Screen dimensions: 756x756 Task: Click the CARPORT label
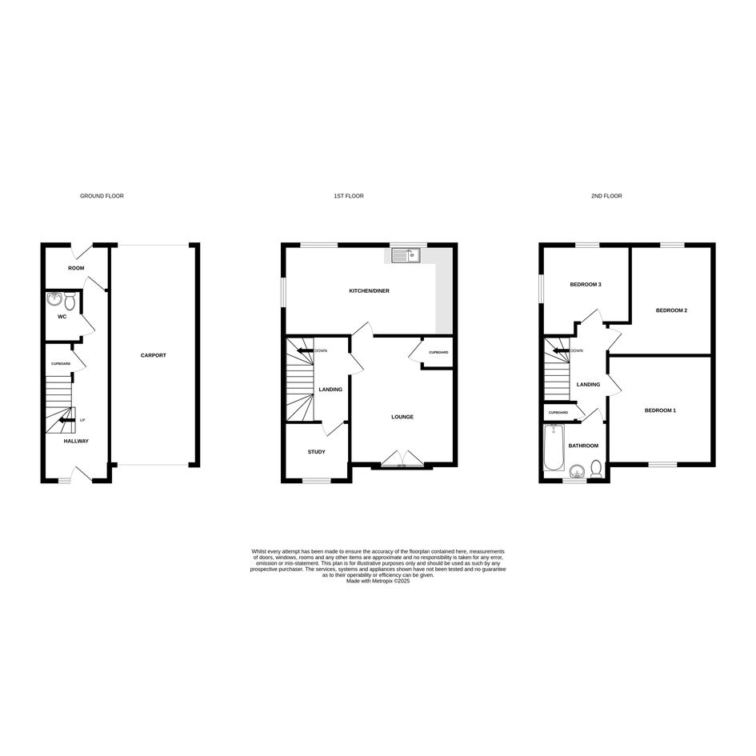(x=154, y=355)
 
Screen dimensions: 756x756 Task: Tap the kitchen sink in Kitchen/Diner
(x=406, y=255)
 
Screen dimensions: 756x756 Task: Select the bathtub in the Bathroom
(x=554, y=448)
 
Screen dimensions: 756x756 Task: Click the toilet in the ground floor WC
(x=70, y=301)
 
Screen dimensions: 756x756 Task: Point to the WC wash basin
(x=55, y=299)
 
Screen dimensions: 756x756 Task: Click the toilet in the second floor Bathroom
(x=597, y=469)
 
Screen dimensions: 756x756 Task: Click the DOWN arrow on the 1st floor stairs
(x=305, y=350)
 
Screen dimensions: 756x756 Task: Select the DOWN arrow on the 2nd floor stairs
(x=561, y=350)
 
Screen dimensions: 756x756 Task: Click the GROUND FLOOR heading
(x=102, y=196)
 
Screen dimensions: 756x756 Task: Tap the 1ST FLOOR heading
(x=349, y=196)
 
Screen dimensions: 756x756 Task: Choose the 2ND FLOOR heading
(x=606, y=196)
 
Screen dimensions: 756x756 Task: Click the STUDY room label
(x=316, y=452)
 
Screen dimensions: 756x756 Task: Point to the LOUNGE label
(x=402, y=417)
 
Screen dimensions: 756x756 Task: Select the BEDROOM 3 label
(x=586, y=285)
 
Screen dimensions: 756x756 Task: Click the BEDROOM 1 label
(x=660, y=410)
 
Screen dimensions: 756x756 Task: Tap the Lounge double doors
(x=402, y=458)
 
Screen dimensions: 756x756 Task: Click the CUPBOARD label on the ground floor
(x=62, y=363)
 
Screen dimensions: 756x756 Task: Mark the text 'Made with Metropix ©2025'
(x=378, y=582)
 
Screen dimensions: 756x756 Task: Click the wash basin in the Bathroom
(x=576, y=470)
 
